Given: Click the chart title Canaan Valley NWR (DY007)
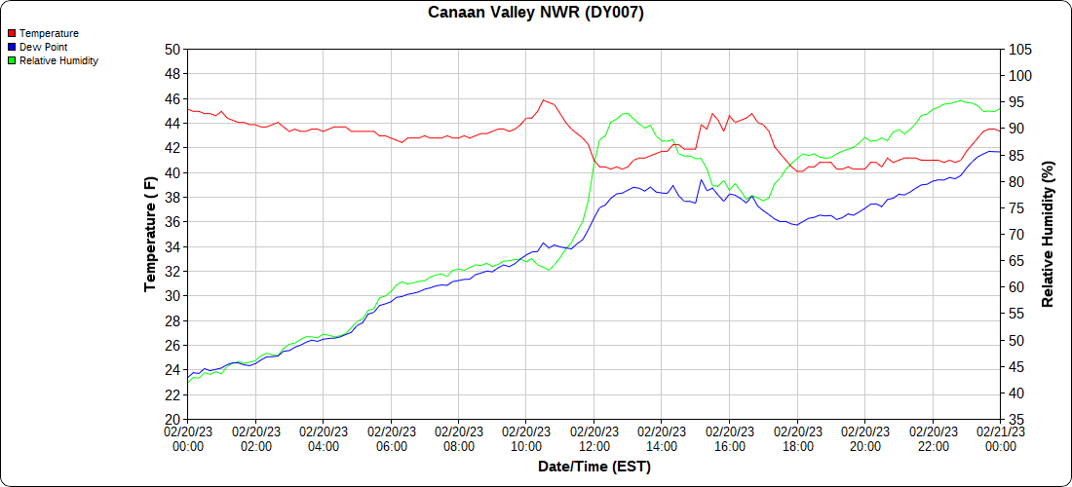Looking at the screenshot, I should click(536, 13).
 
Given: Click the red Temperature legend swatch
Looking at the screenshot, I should click(12, 33).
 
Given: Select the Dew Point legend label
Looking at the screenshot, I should click(43, 47).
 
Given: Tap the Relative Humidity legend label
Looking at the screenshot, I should click(58, 60).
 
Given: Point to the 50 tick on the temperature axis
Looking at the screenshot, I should click(172, 50).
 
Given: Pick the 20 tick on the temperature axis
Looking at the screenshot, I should click(172, 420).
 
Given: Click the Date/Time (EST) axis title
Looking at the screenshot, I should click(594, 467).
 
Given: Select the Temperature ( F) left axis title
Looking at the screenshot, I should click(150, 234).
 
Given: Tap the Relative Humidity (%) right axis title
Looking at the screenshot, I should click(1048, 234).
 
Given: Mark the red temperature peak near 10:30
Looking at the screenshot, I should click(544, 99).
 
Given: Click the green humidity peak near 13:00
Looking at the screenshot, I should click(625, 113).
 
